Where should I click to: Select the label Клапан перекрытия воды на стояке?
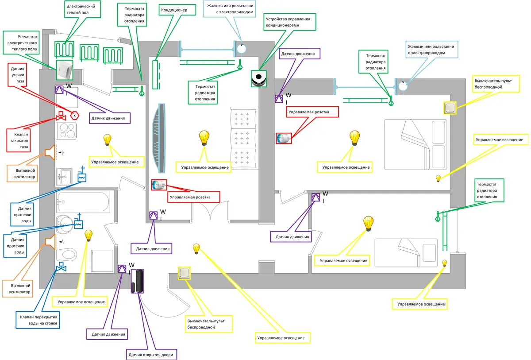pyautogui.click(x=38, y=320)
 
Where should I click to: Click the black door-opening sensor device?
pyautogui.click(x=139, y=281)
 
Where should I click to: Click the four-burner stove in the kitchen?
pyautogui.click(x=67, y=132)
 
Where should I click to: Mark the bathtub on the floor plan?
pyautogui.click(x=85, y=202)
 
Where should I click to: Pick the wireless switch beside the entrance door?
pyautogui.click(x=184, y=274)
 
